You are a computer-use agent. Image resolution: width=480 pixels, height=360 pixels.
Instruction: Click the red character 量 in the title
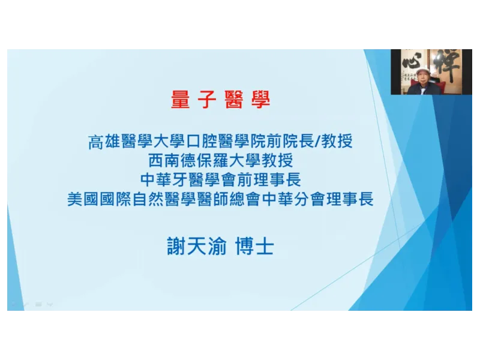pyautogui.click(x=181, y=100)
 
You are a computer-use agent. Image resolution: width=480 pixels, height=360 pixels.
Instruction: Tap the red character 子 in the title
pyautogui.click(x=207, y=100)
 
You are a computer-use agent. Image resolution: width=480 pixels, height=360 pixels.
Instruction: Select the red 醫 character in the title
pyautogui.click(x=234, y=100)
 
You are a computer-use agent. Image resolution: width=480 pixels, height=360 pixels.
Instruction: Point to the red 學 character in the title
pyautogui.click(x=260, y=100)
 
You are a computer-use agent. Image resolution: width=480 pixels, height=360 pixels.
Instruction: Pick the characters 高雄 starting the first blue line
pyautogui.click(x=104, y=142)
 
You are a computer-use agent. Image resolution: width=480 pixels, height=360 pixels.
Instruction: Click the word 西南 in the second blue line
pyautogui.click(x=164, y=161)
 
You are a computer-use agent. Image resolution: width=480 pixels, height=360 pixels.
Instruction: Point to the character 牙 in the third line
pyautogui.click(x=179, y=179)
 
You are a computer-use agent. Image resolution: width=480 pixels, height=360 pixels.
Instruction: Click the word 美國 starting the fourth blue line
pyautogui.click(x=83, y=199)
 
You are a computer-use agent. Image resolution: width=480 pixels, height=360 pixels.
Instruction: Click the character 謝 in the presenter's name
pyautogui.click(x=176, y=246)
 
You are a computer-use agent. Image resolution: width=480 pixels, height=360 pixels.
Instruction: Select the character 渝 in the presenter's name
pyautogui.click(x=217, y=246)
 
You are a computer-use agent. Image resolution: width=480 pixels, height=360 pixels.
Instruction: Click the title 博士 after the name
pyautogui.click(x=254, y=246)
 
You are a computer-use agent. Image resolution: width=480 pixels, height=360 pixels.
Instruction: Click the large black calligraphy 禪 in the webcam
pyautogui.click(x=448, y=66)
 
